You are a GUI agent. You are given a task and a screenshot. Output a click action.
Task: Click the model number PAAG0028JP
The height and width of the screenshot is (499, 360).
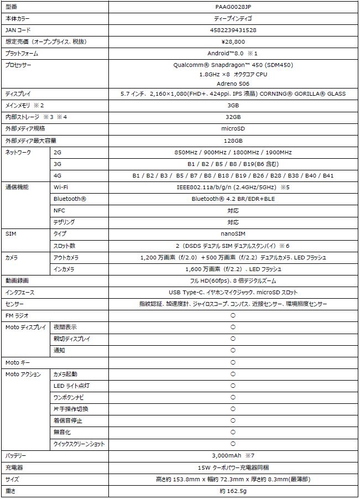233,7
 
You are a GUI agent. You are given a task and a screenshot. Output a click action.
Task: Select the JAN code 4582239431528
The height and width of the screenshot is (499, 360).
233,30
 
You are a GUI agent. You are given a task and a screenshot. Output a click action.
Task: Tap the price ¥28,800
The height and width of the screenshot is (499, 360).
233,41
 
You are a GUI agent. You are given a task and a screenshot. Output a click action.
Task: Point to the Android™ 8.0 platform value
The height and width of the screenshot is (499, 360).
233,53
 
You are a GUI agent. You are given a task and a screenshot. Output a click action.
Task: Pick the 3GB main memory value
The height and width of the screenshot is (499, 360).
233,105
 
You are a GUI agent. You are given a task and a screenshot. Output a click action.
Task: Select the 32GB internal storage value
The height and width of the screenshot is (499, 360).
233,117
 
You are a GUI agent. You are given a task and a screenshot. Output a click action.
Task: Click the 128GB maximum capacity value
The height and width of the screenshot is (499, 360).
233,140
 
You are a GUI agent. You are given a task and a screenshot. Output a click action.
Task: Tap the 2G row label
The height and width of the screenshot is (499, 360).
58,152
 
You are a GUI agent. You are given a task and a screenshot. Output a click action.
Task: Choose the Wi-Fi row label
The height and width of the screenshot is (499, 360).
60,187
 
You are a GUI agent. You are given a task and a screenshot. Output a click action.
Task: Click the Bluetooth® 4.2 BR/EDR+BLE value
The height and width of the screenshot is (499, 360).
233,199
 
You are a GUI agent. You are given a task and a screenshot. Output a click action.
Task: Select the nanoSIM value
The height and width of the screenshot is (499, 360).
233,234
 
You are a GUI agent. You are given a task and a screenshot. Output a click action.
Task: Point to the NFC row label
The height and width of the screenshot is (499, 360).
59,210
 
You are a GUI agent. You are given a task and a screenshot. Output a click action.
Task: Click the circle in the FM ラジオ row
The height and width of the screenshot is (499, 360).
233,315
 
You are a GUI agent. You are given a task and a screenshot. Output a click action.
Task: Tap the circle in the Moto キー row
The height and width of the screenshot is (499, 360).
233,362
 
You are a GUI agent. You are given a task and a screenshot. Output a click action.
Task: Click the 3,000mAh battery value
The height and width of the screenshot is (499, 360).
233,455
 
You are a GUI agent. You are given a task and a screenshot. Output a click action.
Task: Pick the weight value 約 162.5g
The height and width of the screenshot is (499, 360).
233,491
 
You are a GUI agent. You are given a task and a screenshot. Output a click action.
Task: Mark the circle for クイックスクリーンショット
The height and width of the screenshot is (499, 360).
233,444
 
